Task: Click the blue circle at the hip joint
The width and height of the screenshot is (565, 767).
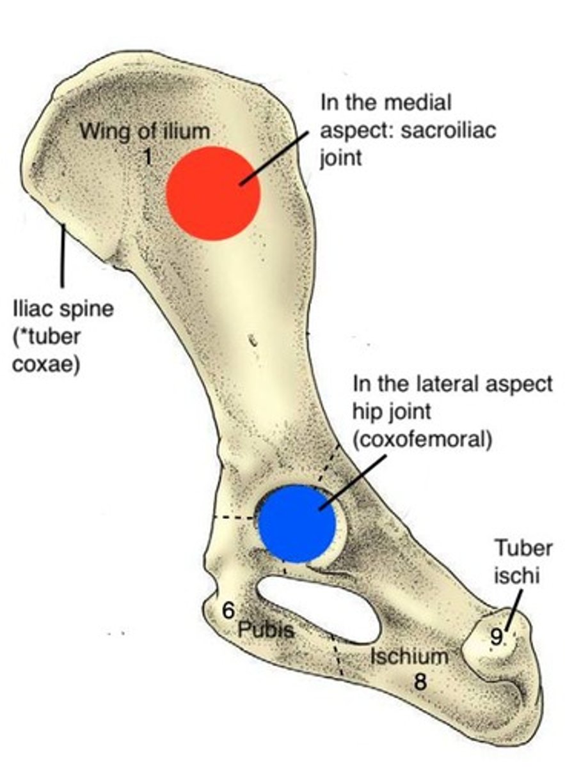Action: [296, 523]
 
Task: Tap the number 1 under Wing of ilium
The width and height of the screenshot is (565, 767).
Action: [147, 156]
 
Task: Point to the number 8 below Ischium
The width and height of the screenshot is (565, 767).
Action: [420, 681]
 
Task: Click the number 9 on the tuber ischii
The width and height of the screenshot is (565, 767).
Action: [496, 635]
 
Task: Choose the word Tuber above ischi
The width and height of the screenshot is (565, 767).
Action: [523, 548]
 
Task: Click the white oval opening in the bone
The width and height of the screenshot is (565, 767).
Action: [320, 607]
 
